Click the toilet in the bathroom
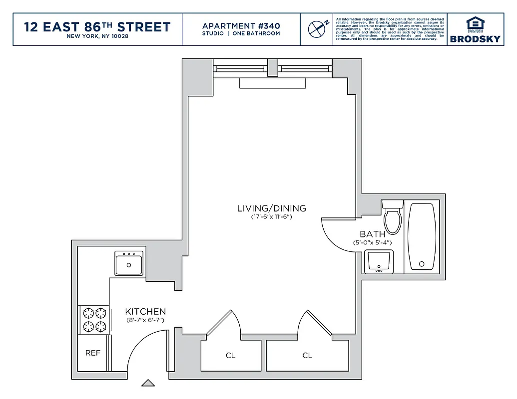click(393, 218)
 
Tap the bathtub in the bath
click(423, 236)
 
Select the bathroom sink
click(379, 262)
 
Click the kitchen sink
click(129, 263)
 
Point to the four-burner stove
click(95, 320)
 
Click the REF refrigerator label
click(93, 353)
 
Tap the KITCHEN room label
click(145, 311)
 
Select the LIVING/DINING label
click(271, 208)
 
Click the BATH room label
click(372, 234)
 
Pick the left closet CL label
click(230, 356)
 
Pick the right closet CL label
click(307, 356)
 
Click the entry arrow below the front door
click(148, 383)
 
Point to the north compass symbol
click(317, 29)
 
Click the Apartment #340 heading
click(241, 26)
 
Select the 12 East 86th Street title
click(97, 27)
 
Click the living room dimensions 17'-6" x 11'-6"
click(271, 217)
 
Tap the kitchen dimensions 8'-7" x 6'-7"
click(145, 320)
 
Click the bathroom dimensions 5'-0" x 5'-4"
click(372, 242)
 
